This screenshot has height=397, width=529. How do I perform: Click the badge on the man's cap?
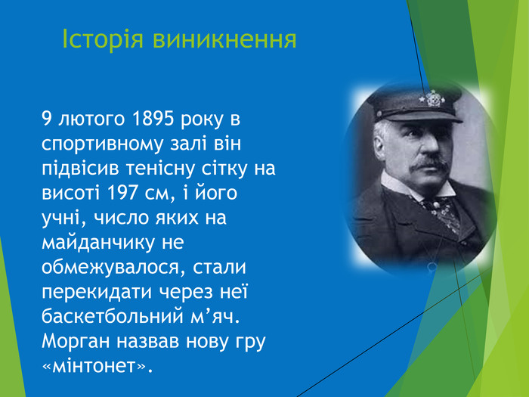(x=433, y=98)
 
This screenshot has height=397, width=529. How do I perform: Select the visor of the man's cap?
(x=416, y=115)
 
